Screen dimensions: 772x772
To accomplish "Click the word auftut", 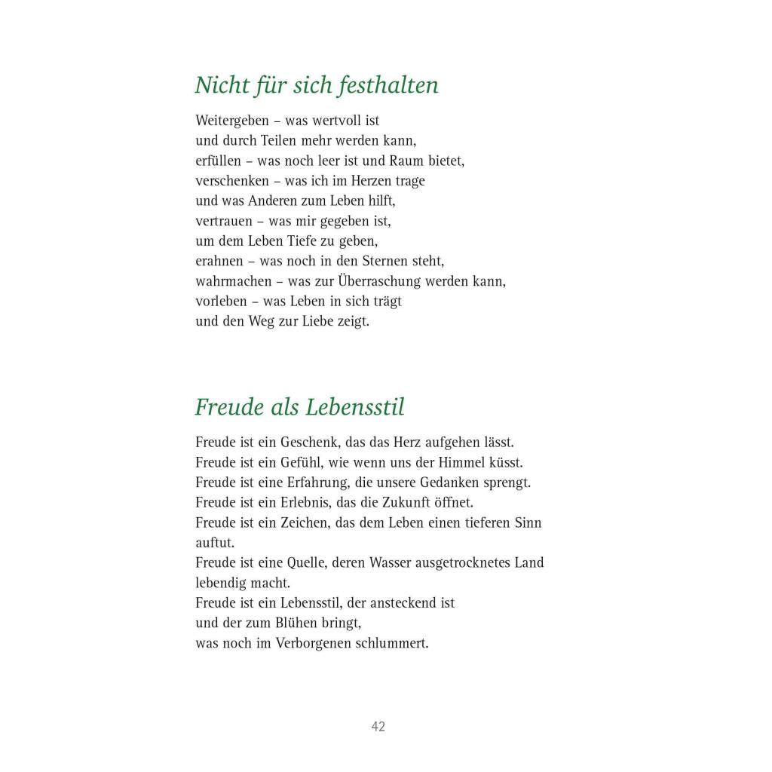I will [x=215, y=543].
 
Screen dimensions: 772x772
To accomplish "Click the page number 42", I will [x=378, y=727].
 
